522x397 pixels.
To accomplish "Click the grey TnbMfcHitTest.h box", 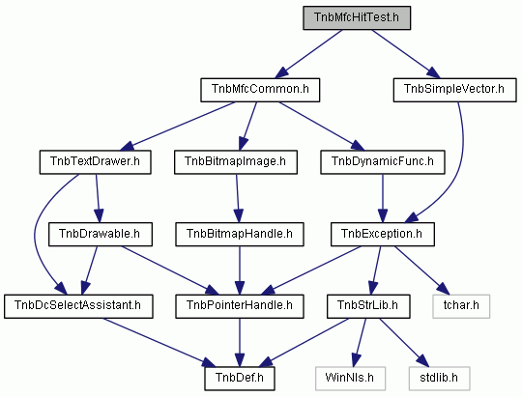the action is tap(357, 17).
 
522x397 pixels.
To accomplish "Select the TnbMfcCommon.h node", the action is tap(260, 90).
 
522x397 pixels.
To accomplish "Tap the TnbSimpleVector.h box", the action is tap(454, 90).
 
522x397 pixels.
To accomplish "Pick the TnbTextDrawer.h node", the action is tap(95, 162).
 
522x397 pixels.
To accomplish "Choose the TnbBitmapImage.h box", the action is tap(236, 162).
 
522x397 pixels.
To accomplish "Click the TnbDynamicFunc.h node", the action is tap(383, 162).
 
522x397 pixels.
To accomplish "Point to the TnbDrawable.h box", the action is tap(101, 235).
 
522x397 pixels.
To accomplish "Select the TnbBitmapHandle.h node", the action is tap(240, 235).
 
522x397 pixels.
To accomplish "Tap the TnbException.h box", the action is tap(383, 235).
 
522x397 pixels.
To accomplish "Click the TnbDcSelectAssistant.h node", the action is tap(78, 306).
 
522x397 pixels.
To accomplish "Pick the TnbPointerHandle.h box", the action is tap(240, 306).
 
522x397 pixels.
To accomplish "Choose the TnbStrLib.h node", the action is tap(368, 306).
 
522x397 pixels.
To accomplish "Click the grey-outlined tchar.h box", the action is tap(461, 306).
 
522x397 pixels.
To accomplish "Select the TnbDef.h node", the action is tap(240, 379).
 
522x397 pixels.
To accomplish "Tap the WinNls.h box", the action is tap(350, 379).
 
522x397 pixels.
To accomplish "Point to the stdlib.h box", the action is tap(440, 379).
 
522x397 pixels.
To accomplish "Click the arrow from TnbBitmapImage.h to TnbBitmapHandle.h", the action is tap(238, 198).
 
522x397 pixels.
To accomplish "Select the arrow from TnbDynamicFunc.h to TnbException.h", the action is tap(383, 198).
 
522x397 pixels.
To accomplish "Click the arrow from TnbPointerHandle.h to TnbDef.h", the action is tap(240, 343).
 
